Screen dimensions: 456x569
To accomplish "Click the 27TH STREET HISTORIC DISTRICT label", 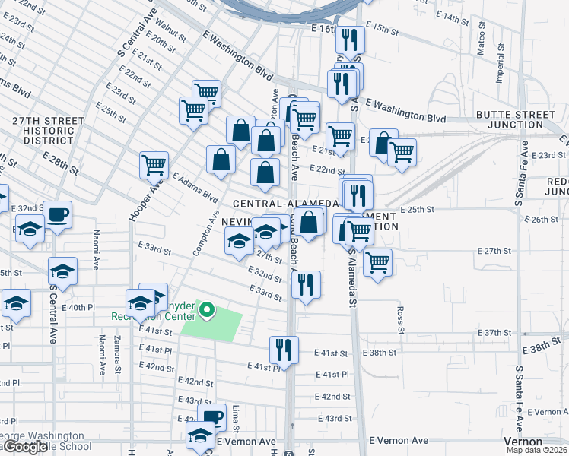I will [47, 131].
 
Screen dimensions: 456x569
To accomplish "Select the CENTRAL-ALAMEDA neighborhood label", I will [284, 204].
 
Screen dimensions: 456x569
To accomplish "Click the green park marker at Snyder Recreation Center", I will [206, 310].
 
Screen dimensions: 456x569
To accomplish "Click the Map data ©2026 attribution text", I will [537, 450].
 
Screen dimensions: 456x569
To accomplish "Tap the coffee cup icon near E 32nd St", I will [57, 214].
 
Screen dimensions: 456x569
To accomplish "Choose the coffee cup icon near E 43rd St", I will [212, 416].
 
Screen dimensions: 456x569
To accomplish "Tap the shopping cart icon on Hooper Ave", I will [154, 163].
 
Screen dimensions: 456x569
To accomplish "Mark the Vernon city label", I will [523, 442].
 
